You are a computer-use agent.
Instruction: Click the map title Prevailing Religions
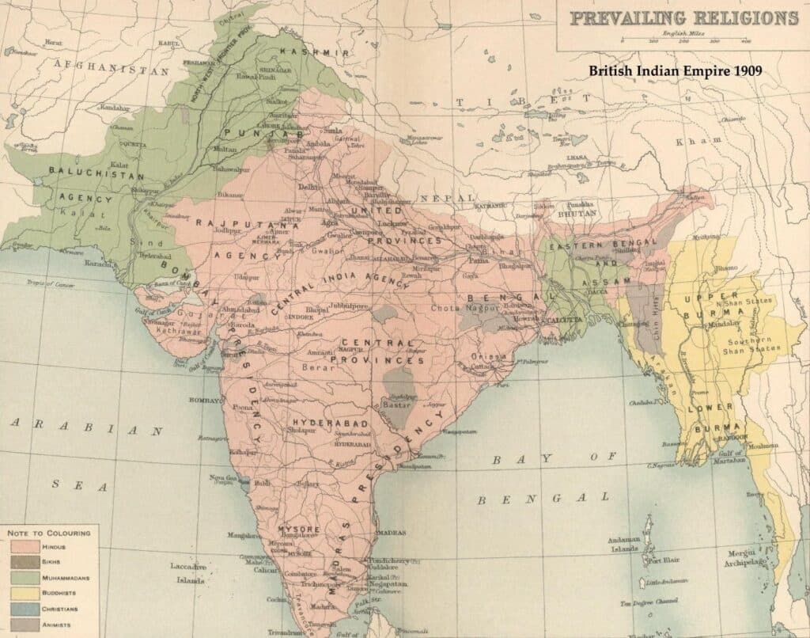coord(683,17)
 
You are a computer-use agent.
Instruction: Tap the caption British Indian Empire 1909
coord(675,70)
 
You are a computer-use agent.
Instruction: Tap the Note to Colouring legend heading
coord(49,533)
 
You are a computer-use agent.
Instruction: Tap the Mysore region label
coord(298,528)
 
